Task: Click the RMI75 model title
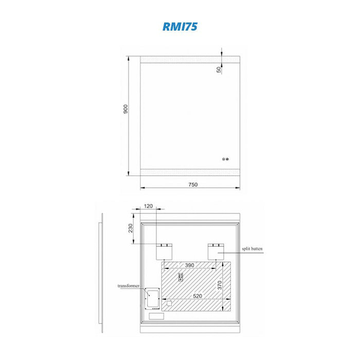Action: pos(180,26)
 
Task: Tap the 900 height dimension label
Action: pos(125,109)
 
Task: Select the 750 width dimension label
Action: pos(193,185)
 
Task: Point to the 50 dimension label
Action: pos(219,69)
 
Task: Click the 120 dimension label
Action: pos(148,206)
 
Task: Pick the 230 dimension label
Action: pos(131,228)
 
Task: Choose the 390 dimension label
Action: pos(190,265)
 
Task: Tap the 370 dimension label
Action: pos(220,285)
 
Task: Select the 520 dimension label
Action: pos(197,296)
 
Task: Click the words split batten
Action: pos(252,248)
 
